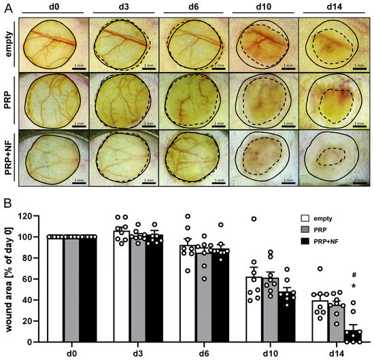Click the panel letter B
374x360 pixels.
click(6, 202)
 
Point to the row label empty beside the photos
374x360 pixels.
click(10, 44)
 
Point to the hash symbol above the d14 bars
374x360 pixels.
click(354, 275)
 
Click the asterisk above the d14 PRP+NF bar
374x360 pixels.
click(354, 286)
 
